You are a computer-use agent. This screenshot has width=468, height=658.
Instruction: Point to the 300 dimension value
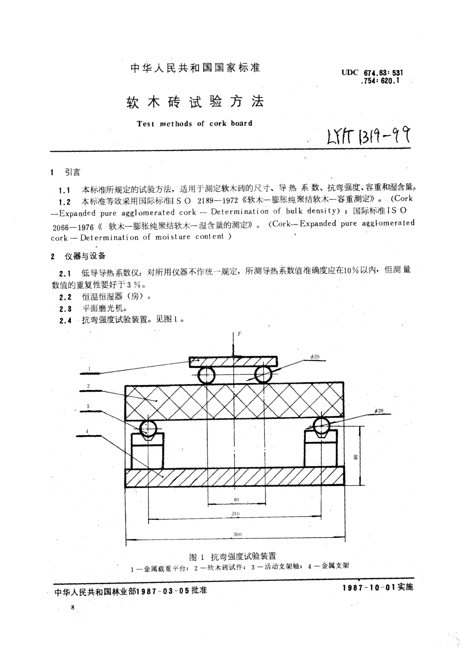point(237,534)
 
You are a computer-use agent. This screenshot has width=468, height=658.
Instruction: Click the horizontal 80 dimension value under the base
point(236,500)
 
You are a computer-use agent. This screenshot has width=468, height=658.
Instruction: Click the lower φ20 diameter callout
point(379,411)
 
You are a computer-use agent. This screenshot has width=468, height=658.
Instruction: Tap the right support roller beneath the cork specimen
point(321,426)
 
